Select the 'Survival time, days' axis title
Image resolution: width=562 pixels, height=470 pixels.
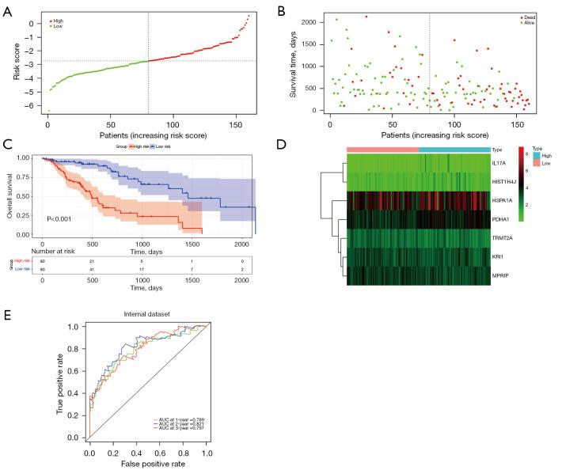tap(294, 62)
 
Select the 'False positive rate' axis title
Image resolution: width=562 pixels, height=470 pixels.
tap(149, 461)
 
